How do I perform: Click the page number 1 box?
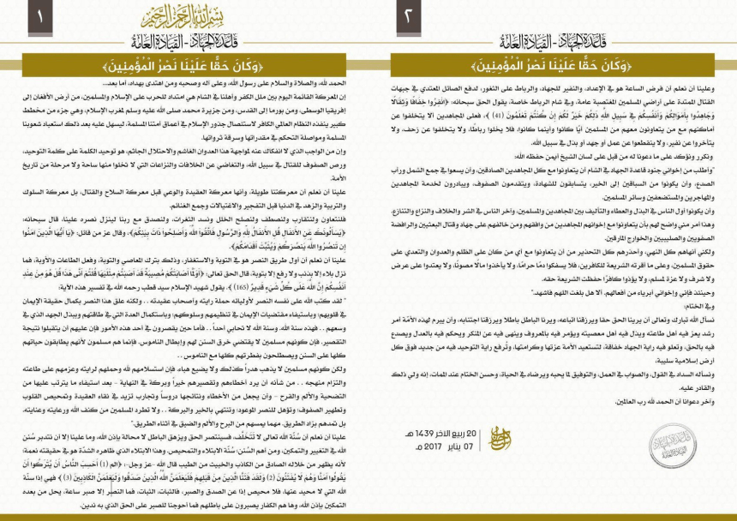point(39,15)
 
